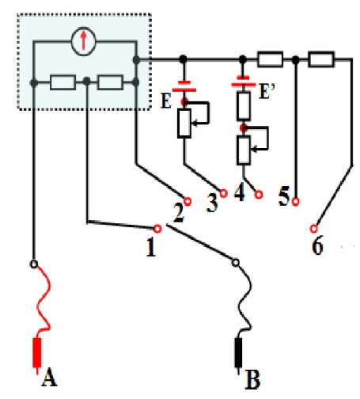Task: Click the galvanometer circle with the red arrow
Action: [84, 41]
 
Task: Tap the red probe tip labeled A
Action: [37, 352]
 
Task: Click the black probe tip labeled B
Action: [238, 352]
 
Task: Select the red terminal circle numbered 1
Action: [157, 229]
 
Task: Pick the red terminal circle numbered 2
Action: [188, 202]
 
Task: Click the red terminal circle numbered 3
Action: [223, 193]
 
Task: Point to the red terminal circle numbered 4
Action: [259, 195]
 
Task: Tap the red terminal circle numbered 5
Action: [296, 202]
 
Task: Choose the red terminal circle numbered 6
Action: [313, 228]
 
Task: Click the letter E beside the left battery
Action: [166, 101]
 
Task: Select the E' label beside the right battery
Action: [267, 91]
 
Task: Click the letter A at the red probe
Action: [49, 377]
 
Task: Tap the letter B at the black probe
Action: [252, 380]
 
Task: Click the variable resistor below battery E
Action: [184, 123]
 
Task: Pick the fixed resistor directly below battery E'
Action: [244, 106]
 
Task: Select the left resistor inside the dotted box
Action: [63, 82]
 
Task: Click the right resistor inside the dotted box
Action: [110, 82]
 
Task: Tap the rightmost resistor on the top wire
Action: [321, 59]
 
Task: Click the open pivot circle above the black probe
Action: [236, 263]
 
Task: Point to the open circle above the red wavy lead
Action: [34, 264]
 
